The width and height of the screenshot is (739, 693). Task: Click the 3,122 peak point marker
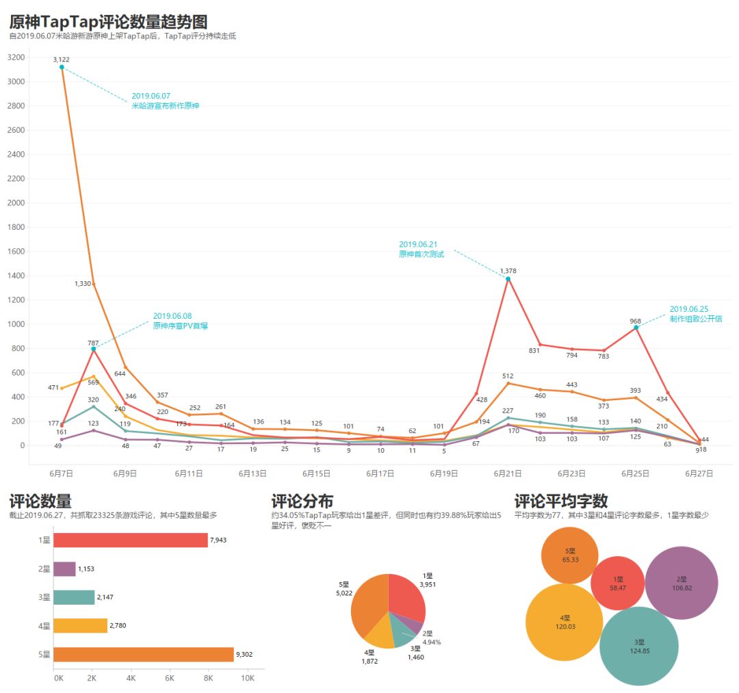(x=62, y=67)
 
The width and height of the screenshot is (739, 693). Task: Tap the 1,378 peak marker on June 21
(x=508, y=279)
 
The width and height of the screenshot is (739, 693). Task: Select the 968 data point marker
(x=636, y=328)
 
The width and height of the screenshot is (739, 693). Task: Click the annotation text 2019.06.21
(x=418, y=244)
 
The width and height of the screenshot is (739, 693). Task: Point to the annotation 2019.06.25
(x=689, y=309)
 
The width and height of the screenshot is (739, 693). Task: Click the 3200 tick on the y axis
(x=16, y=57)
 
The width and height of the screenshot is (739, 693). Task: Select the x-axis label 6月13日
(x=252, y=473)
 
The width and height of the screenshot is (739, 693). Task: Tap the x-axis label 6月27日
(x=699, y=473)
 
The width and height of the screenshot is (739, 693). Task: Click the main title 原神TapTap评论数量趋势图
(x=109, y=22)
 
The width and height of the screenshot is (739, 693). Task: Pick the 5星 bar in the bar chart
(x=144, y=655)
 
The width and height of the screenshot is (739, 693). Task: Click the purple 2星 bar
(x=64, y=569)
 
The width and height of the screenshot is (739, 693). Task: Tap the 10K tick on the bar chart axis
(x=248, y=678)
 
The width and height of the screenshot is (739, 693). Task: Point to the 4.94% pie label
(x=431, y=642)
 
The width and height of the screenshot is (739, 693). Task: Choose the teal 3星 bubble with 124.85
(x=639, y=646)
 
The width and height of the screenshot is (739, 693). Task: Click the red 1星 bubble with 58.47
(x=618, y=584)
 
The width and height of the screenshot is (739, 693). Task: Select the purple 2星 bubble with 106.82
(x=682, y=584)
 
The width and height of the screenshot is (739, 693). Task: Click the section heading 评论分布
(x=302, y=501)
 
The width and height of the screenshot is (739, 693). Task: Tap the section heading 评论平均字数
(x=561, y=501)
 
